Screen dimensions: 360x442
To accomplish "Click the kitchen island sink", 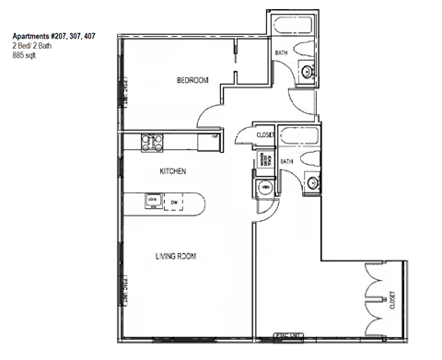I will click(153, 201).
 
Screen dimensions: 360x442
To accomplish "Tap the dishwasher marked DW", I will click(175, 201).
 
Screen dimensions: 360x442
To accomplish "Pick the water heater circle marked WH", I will click(266, 188).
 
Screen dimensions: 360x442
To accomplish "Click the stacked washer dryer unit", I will click(264, 160).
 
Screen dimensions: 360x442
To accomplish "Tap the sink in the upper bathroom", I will click(308, 73).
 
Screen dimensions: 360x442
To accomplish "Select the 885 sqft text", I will click(25, 56).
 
